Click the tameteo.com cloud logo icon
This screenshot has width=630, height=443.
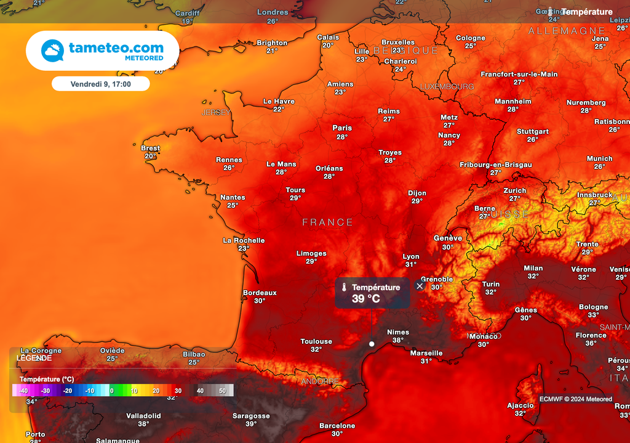coord(52,51)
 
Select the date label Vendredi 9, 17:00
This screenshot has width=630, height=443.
coord(100,84)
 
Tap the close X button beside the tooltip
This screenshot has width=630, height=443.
coord(420,286)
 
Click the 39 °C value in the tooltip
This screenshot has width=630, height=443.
coord(365,299)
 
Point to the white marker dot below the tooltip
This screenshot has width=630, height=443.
coord(372,344)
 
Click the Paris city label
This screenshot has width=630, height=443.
coord(342,128)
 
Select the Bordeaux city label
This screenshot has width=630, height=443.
coord(260,293)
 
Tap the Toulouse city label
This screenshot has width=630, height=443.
coord(316,341)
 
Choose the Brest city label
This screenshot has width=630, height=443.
coord(150,148)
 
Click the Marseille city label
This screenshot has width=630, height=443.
coord(426,353)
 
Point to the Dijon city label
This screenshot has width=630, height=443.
coord(417,193)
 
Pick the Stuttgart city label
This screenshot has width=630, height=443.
coord(533,131)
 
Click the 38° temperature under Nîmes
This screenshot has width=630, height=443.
coord(398,340)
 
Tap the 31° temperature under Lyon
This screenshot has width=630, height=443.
coord(410,264)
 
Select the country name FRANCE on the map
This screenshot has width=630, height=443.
coord(328,222)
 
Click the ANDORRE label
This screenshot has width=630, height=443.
coord(321,381)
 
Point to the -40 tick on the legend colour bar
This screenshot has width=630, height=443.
coord(24,391)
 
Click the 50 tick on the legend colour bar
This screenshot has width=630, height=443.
coord(222,391)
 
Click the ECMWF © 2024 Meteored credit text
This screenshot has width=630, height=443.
coord(576,399)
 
